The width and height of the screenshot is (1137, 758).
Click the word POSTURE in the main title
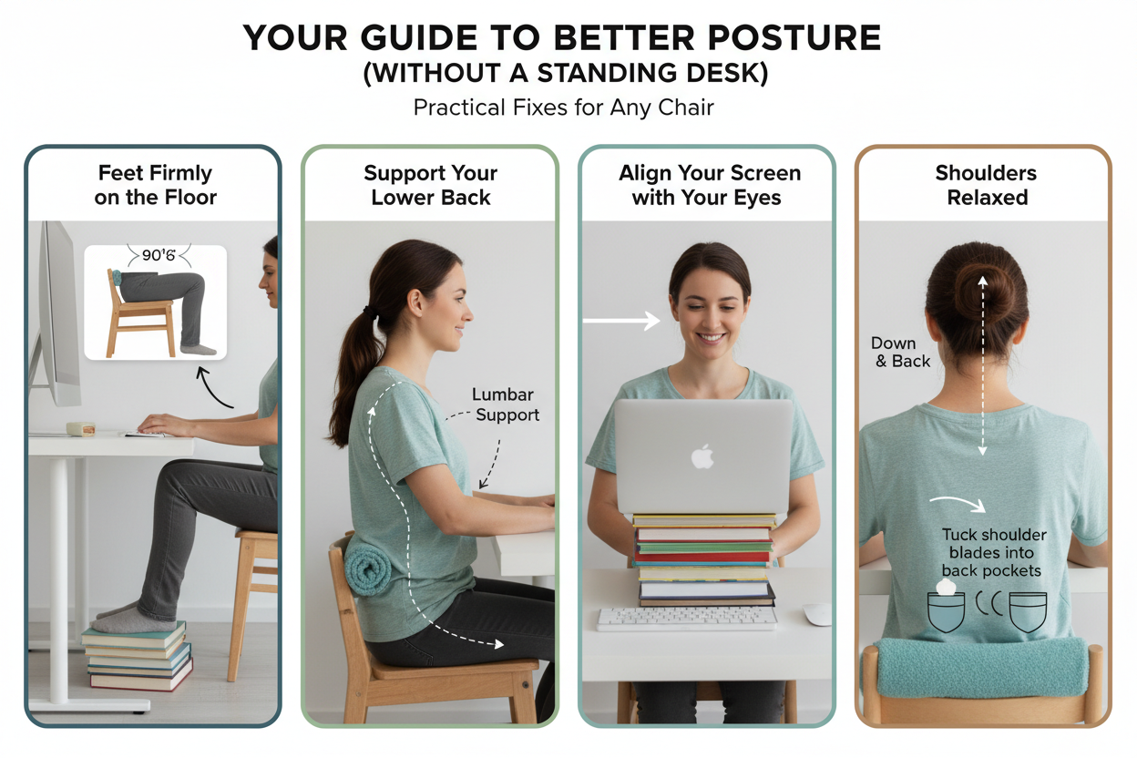[x=789, y=38]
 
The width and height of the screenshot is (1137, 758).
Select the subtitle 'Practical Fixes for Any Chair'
[x=563, y=108]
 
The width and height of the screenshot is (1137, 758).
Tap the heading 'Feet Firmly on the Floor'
[x=155, y=185]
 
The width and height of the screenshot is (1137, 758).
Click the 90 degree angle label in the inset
[x=159, y=255]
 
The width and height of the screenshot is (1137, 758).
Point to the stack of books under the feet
[x=137, y=657]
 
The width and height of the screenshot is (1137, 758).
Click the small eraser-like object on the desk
[x=81, y=429]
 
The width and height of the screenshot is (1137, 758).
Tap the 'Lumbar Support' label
[x=506, y=405]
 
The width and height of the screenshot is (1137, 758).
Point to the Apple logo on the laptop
[x=702, y=456]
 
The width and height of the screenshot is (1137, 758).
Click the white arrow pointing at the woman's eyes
[x=621, y=321]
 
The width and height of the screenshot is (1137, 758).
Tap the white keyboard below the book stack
[x=686, y=619]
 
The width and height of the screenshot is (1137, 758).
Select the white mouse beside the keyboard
[x=816, y=614]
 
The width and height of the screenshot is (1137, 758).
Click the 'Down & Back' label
[x=900, y=352]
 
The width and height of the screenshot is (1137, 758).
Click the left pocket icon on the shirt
[x=946, y=612]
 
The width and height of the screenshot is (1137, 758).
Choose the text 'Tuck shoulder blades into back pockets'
[x=993, y=552]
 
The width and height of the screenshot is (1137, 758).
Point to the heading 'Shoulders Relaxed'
[x=987, y=185]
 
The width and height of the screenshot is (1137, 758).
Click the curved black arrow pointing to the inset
[x=213, y=388]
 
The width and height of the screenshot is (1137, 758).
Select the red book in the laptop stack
[x=702, y=557]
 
